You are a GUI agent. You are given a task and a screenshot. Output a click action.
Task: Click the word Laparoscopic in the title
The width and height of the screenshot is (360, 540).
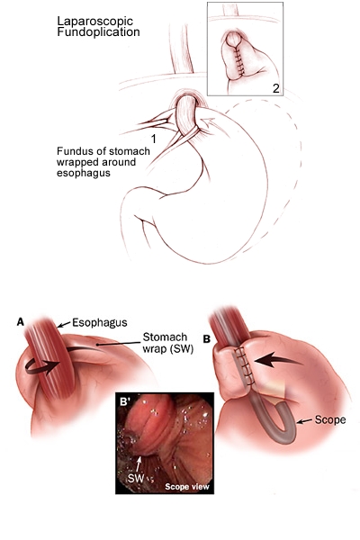[x=94, y=22]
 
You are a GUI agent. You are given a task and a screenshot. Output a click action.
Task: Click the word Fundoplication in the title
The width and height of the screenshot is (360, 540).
[x=98, y=32]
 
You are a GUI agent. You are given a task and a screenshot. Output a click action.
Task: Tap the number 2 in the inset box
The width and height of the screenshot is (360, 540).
[x=276, y=88]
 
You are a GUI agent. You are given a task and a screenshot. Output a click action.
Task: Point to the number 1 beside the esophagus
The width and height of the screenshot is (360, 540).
[x=154, y=139]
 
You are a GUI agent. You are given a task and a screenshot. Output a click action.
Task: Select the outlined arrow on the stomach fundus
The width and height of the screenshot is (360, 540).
[x=209, y=123]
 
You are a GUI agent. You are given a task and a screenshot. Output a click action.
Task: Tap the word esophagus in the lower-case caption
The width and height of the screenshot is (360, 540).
[x=84, y=173]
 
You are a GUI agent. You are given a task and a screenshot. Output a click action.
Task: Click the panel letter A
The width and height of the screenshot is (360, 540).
[x=21, y=322]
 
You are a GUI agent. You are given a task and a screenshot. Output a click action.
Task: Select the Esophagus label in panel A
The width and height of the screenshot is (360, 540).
[x=100, y=323]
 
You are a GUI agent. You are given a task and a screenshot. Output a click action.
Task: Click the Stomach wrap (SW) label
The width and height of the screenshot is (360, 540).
[x=168, y=343]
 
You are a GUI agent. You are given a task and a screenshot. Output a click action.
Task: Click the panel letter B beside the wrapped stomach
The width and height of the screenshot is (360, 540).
[x=206, y=339]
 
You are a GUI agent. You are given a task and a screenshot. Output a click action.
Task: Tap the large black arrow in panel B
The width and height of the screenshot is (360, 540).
[x=279, y=360]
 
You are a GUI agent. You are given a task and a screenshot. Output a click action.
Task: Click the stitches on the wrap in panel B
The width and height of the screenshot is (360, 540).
[x=245, y=365]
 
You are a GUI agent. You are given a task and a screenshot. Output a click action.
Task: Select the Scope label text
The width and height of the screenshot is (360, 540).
[x=330, y=419]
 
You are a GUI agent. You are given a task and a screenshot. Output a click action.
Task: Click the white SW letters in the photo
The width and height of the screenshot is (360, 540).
[x=135, y=478]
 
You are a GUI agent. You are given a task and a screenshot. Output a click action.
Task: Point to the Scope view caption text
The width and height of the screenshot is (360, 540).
[x=187, y=486]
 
